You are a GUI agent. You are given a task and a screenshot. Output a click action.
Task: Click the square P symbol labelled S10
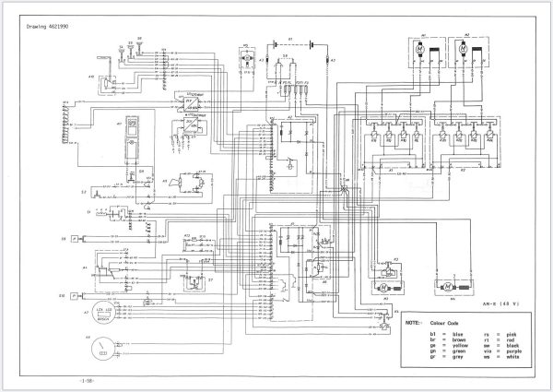pyautogui.click(x=86, y=296)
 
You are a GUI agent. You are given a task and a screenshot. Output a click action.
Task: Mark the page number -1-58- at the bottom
pyautogui.click(x=86, y=379)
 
